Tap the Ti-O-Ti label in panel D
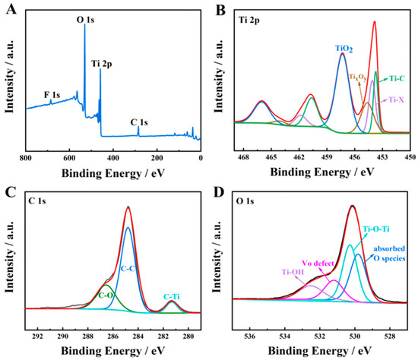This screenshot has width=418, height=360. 376,228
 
